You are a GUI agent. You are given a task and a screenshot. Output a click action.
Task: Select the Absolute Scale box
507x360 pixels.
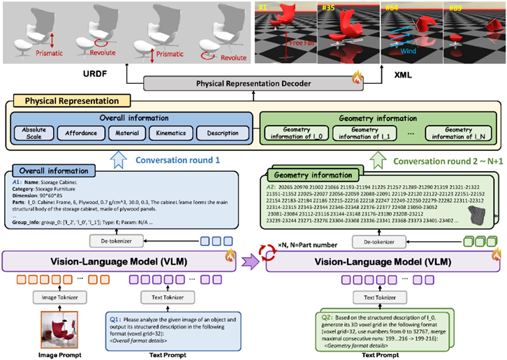click(x=34, y=133)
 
